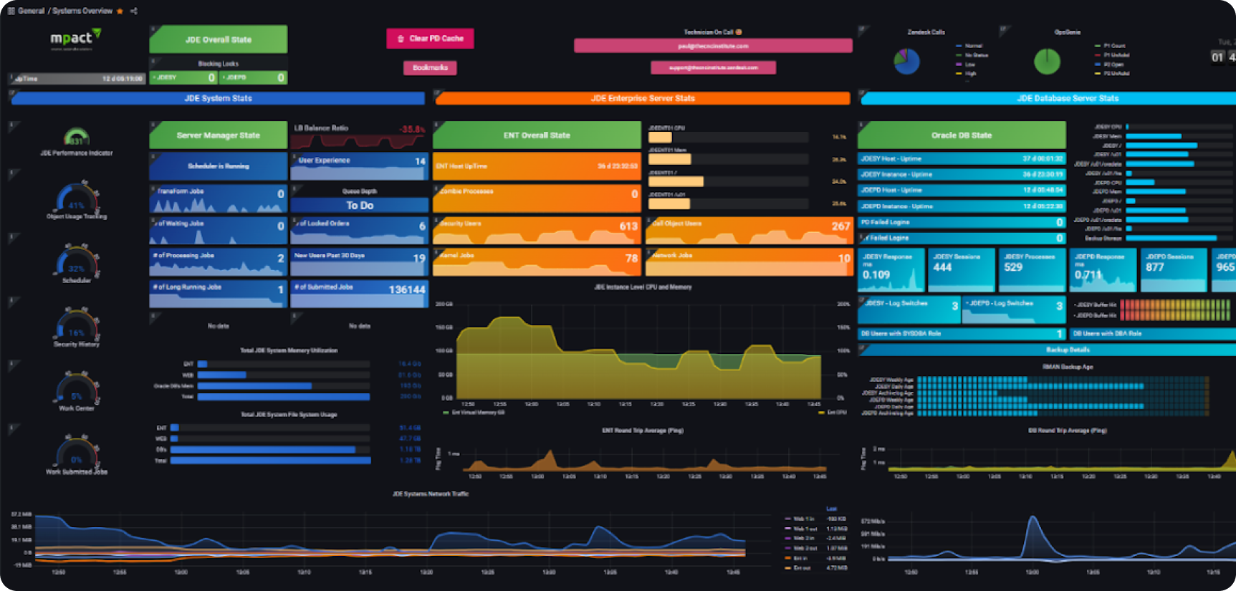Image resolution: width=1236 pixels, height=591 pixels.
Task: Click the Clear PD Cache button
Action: (x=430, y=39)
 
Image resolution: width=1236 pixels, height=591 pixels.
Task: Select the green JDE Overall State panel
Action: (x=218, y=39)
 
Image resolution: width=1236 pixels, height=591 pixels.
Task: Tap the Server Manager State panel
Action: (x=218, y=135)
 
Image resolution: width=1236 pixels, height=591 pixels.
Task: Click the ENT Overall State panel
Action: (x=537, y=135)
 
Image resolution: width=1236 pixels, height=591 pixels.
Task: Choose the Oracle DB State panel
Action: (x=961, y=135)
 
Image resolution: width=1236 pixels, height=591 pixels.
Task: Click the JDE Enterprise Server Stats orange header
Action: (x=642, y=98)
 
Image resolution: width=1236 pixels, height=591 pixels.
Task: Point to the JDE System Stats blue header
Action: (x=218, y=98)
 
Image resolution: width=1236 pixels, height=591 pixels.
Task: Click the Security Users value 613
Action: (x=628, y=226)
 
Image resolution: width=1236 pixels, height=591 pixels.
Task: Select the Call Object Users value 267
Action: (x=840, y=226)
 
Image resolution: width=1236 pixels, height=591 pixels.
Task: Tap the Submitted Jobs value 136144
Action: (x=406, y=289)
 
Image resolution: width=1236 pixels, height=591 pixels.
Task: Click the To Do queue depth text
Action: (x=360, y=206)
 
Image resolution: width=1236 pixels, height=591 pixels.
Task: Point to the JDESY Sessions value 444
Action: (x=942, y=267)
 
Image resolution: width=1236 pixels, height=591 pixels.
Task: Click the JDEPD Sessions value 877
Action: (x=1154, y=267)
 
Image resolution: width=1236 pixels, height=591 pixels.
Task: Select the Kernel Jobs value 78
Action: (x=631, y=259)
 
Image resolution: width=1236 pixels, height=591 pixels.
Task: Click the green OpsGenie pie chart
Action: (x=1047, y=62)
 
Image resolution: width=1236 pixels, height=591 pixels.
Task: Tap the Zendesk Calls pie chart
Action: (x=906, y=62)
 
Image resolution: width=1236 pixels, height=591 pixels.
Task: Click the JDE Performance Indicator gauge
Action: (x=77, y=137)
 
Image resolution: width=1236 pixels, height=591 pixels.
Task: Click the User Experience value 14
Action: (x=420, y=161)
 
